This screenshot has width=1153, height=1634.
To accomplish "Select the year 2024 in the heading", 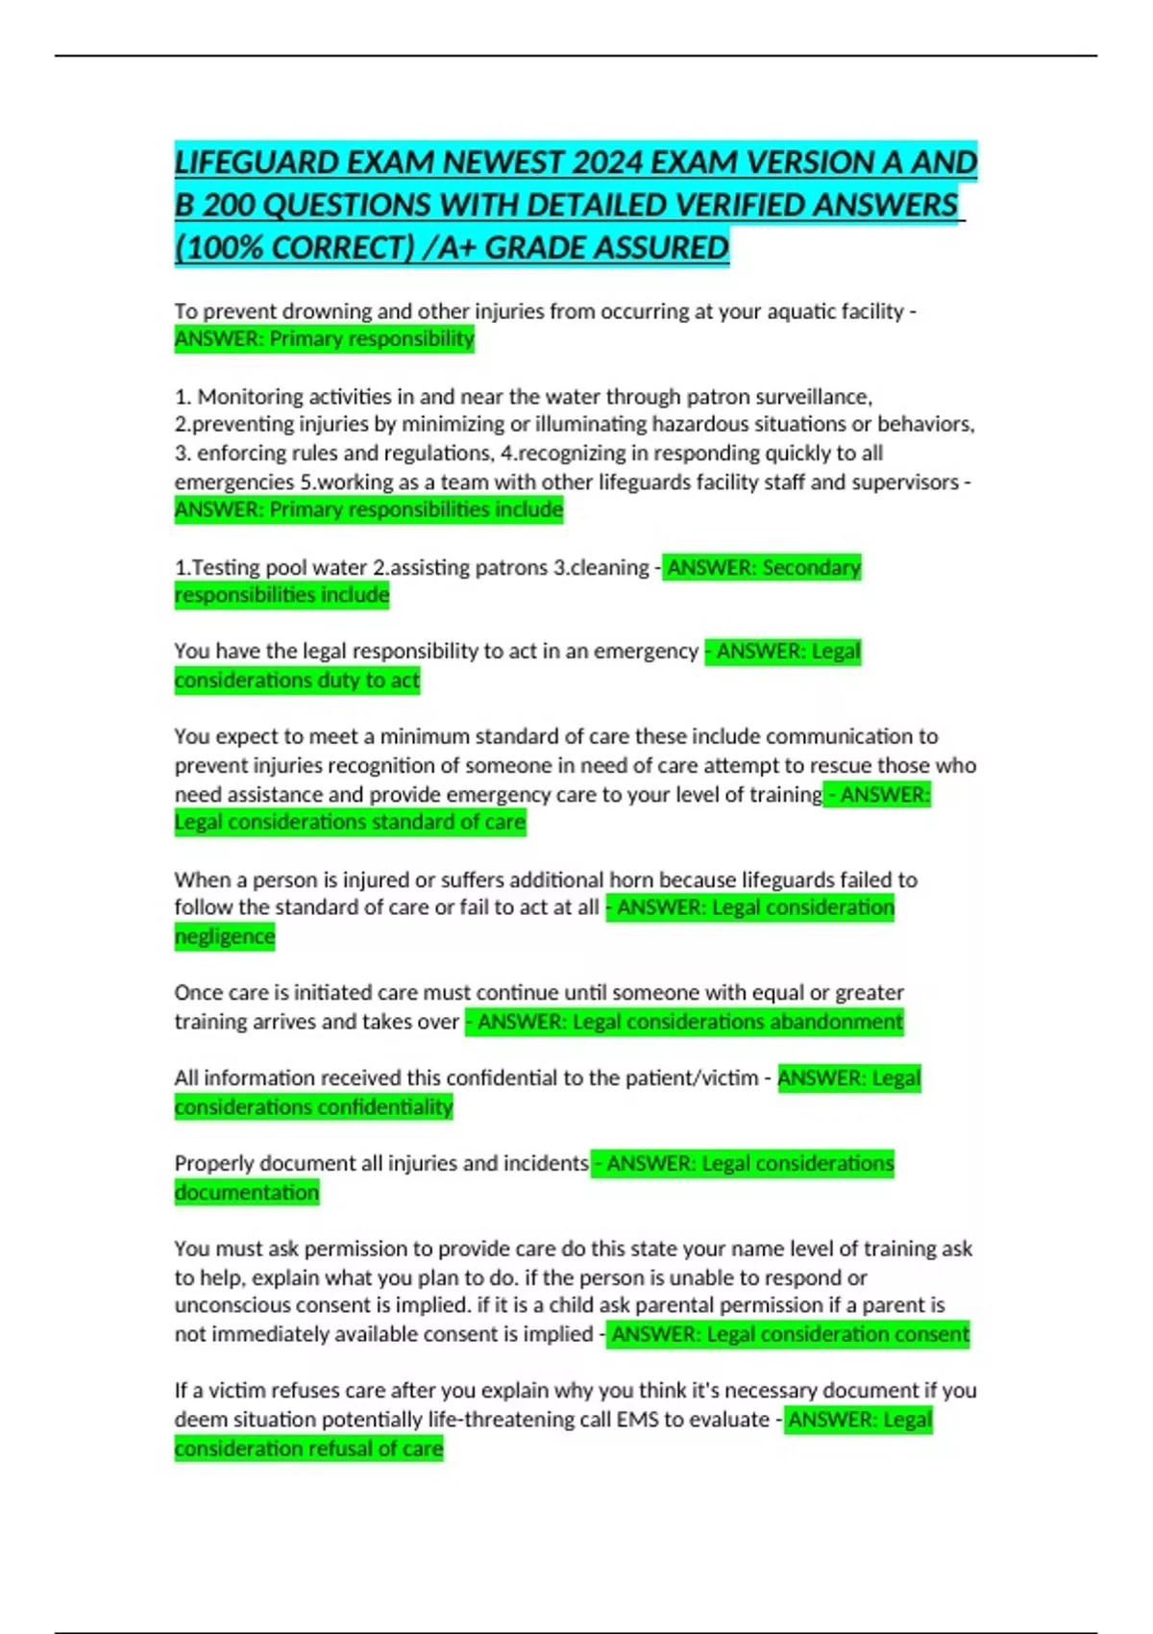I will click(x=607, y=162).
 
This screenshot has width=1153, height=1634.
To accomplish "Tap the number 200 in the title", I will click(x=229, y=206).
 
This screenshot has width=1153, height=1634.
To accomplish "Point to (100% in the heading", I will click(x=220, y=248).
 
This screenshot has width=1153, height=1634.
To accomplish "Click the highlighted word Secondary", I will click(x=811, y=568).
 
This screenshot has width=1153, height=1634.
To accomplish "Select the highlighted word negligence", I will click(x=224, y=937).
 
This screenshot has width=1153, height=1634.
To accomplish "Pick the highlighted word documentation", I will click(x=246, y=1193).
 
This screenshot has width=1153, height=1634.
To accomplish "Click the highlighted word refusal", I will click(x=342, y=1448).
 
